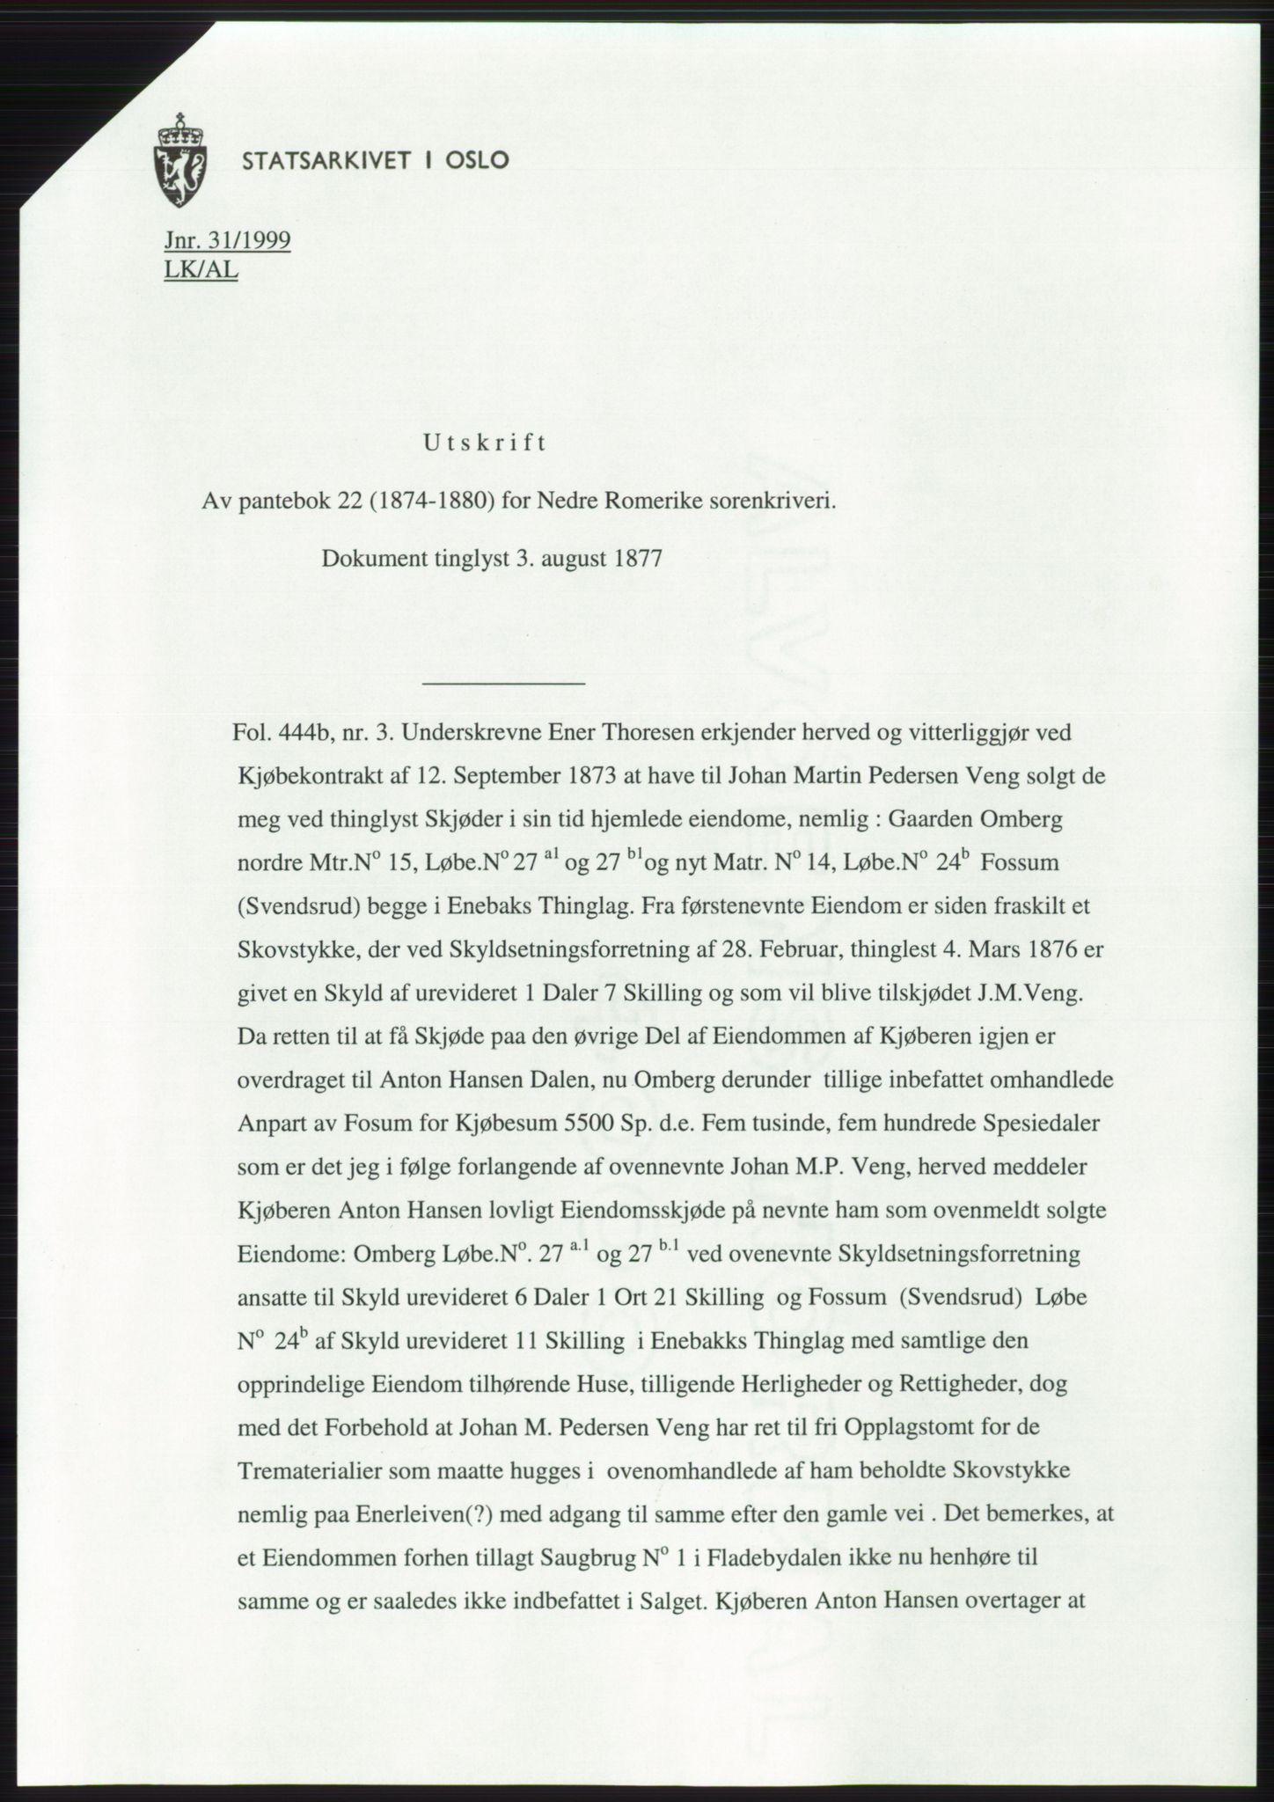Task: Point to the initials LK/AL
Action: point(201,270)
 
